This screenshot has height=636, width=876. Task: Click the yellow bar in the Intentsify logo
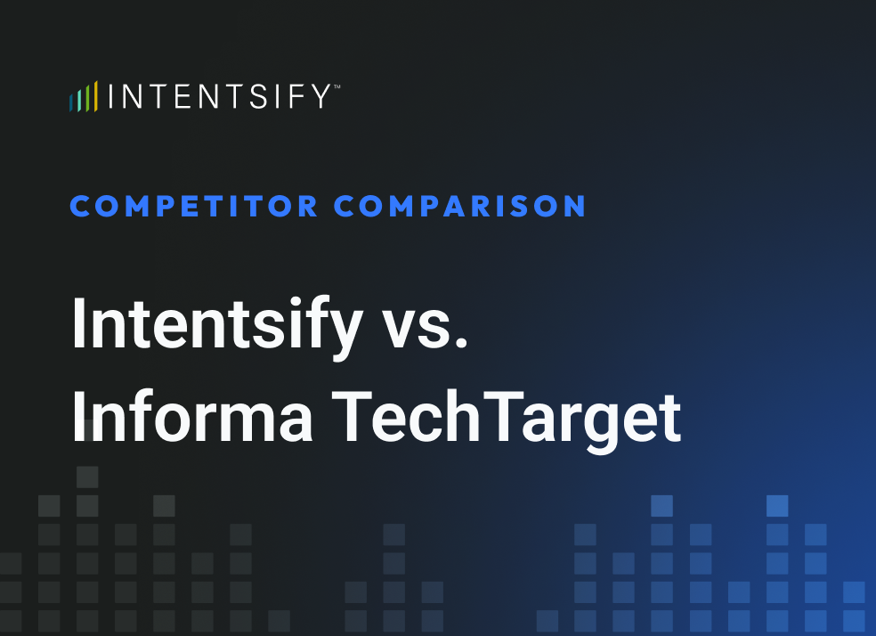[95, 96]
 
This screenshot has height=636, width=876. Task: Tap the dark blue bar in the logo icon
[71, 102]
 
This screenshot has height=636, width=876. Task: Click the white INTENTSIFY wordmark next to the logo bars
[219, 96]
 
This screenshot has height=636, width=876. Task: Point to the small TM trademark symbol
[336, 87]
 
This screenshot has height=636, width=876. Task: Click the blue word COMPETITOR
[194, 207]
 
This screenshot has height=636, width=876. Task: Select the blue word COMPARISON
[460, 207]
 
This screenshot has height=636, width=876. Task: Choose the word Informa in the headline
[191, 417]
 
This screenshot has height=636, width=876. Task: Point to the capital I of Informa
[79, 416]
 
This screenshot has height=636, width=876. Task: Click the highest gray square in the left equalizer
[87, 477]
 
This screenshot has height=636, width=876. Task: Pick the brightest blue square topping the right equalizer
[777, 506]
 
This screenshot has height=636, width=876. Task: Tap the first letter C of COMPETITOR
[82, 207]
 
